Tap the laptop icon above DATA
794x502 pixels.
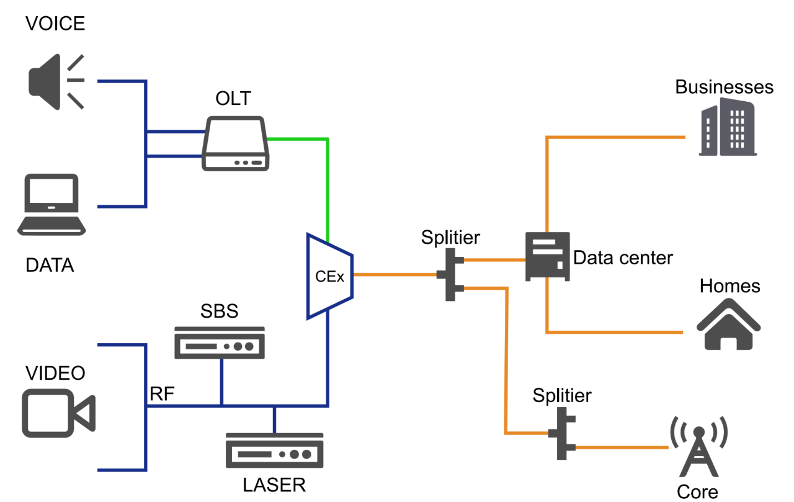click(50, 204)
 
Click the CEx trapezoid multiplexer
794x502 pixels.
click(329, 276)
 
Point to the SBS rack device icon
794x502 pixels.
click(220, 343)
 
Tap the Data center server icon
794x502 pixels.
click(546, 256)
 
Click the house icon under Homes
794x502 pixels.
click(728, 325)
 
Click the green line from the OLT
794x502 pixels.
click(328, 186)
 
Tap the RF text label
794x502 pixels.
click(162, 393)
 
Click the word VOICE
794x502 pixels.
click(55, 24)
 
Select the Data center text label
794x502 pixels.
click(623, 257)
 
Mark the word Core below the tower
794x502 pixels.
click(697, 492)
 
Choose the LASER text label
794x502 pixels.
click(275, 484)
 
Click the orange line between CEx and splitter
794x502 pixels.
click(395, 274)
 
